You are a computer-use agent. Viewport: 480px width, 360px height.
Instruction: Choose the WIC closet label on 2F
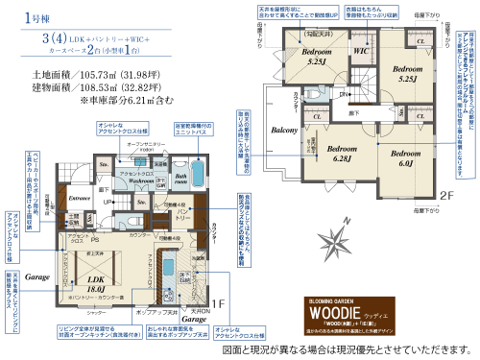tap(362, 50)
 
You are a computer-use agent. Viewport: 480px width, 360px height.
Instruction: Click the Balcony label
tap(285, 129)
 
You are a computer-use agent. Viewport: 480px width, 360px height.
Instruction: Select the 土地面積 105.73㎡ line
tap(90, 73)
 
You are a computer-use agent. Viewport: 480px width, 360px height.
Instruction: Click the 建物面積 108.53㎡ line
tap(90, 86)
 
